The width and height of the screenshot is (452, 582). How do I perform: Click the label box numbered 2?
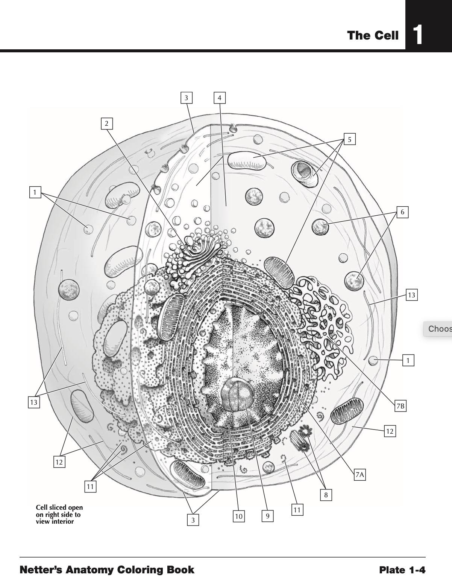(107, 123)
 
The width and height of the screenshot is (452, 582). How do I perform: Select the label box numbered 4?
(220, 98)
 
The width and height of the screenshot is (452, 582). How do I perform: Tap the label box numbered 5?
(350, 139)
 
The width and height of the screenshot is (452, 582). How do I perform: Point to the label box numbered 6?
(402, 212)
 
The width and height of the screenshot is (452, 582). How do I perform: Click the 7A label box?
(360, 475)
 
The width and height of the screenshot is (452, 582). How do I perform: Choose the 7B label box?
(400, 406)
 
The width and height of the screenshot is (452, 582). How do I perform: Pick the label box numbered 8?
(326, 495)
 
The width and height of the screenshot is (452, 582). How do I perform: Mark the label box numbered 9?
(268, 516)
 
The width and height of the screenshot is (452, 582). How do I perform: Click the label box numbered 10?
(238, 516)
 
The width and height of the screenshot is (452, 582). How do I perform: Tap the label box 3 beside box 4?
(187, 98)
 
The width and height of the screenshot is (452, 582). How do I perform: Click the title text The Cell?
(373, 35)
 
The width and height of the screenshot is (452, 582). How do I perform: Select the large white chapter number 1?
(417, 35)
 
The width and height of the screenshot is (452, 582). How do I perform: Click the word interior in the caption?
(62, 521)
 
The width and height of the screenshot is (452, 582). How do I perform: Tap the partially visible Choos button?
(438, 329)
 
